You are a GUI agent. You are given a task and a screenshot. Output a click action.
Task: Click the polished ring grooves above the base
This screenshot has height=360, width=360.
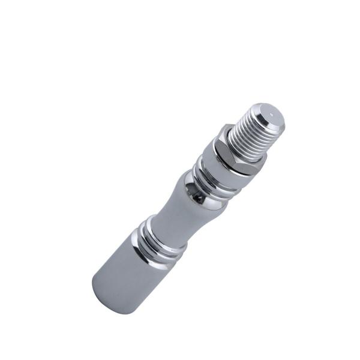pyautogui.click(x=159, y=240)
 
